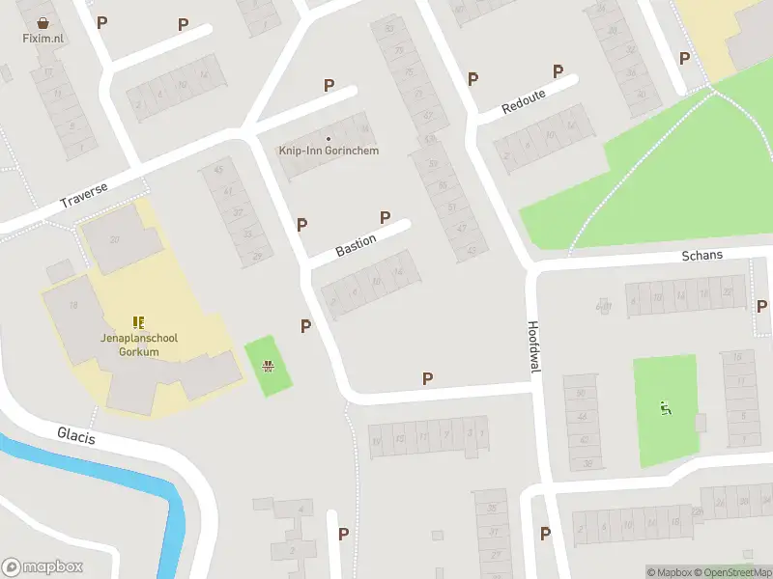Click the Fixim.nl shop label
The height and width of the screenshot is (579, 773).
(x=43, y=39)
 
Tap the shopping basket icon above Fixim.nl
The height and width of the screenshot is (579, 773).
(x=43, y=22)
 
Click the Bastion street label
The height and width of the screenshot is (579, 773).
(x=356, y=243)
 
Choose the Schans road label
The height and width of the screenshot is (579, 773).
(x=701, y=256)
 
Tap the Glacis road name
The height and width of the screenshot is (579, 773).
(x=76, y=437)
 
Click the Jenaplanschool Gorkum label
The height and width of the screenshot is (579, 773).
(x=129, y=345)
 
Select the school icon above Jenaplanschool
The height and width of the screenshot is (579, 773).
(x=138, y=322)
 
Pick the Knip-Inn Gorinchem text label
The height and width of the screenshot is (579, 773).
(x=329, y=151)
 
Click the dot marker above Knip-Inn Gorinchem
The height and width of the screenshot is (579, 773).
(x=329, y=138)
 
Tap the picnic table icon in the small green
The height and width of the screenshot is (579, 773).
(x=268, y=366)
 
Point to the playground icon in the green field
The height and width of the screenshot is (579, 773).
(x=665, y=409)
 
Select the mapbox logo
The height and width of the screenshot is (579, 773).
(x=43, y=567)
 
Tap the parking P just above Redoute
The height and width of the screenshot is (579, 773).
(x=558, y=70)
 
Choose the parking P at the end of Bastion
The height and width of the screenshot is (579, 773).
(x=386, y=217)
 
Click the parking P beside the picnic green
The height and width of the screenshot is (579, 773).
(x=305, y=326)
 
